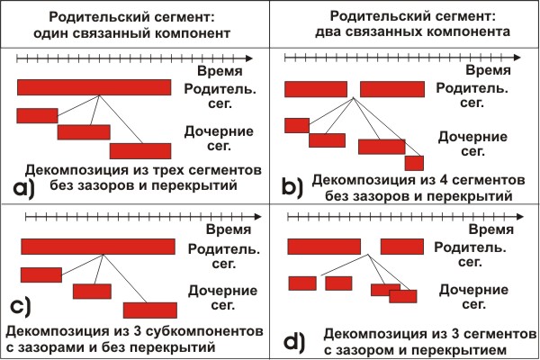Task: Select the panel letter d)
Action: pyautogui.click(x=292, y=341)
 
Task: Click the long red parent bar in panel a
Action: pyautogui.click(x=94, y=87)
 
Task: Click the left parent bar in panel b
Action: pyautogui.click(x=316, y=89)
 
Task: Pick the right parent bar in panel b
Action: pyautogui.click(x=392, y=89)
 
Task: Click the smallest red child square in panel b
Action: pyautogui.click(x=414, y=163)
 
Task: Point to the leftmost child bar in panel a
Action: pyautogui.click(x=37, y=115)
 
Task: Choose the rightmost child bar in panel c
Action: pyautogui.click(x=149, y=309)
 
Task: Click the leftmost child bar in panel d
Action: pyautogui.click(x=301, y=283)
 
